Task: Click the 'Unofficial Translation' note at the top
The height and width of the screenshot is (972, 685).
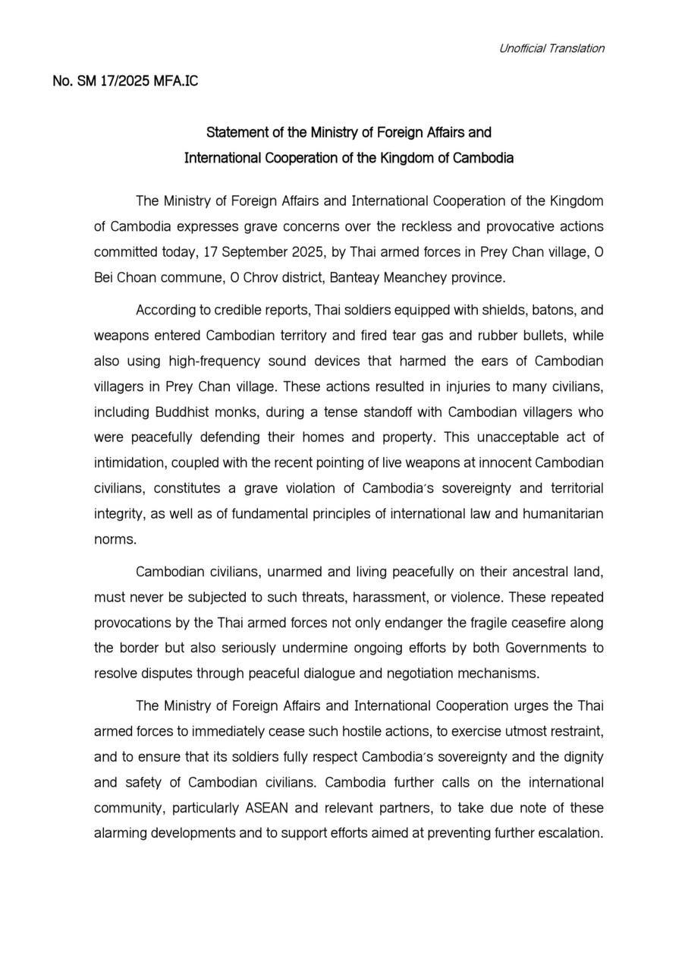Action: [551, 49]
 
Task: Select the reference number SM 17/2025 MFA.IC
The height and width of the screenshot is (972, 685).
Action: [126, 80]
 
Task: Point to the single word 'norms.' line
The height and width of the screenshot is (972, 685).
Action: [115, 539]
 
